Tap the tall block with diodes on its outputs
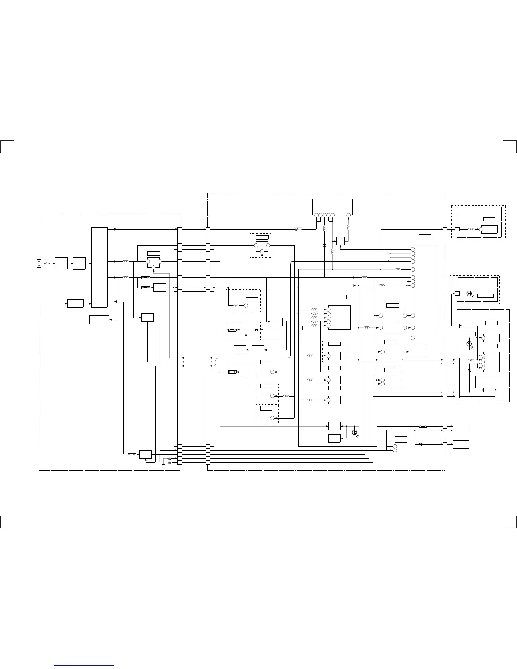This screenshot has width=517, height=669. (99, 267)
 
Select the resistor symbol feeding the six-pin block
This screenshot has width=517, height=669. (298, 229)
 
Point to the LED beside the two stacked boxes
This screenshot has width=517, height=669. (354, 432)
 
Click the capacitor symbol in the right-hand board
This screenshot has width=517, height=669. (469, 370)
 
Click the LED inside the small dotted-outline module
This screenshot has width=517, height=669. (469, 293)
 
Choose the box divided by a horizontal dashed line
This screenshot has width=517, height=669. (393, 322)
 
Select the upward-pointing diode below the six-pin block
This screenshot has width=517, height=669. (324, 245)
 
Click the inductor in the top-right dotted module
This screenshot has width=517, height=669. (471, 229)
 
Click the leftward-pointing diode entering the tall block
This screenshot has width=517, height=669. (115, 302)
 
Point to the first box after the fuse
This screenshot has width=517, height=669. (61, 263)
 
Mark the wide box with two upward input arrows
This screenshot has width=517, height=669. (489, 382)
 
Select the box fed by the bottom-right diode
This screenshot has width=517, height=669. (460, 444)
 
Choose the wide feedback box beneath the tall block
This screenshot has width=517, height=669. (99, 320)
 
